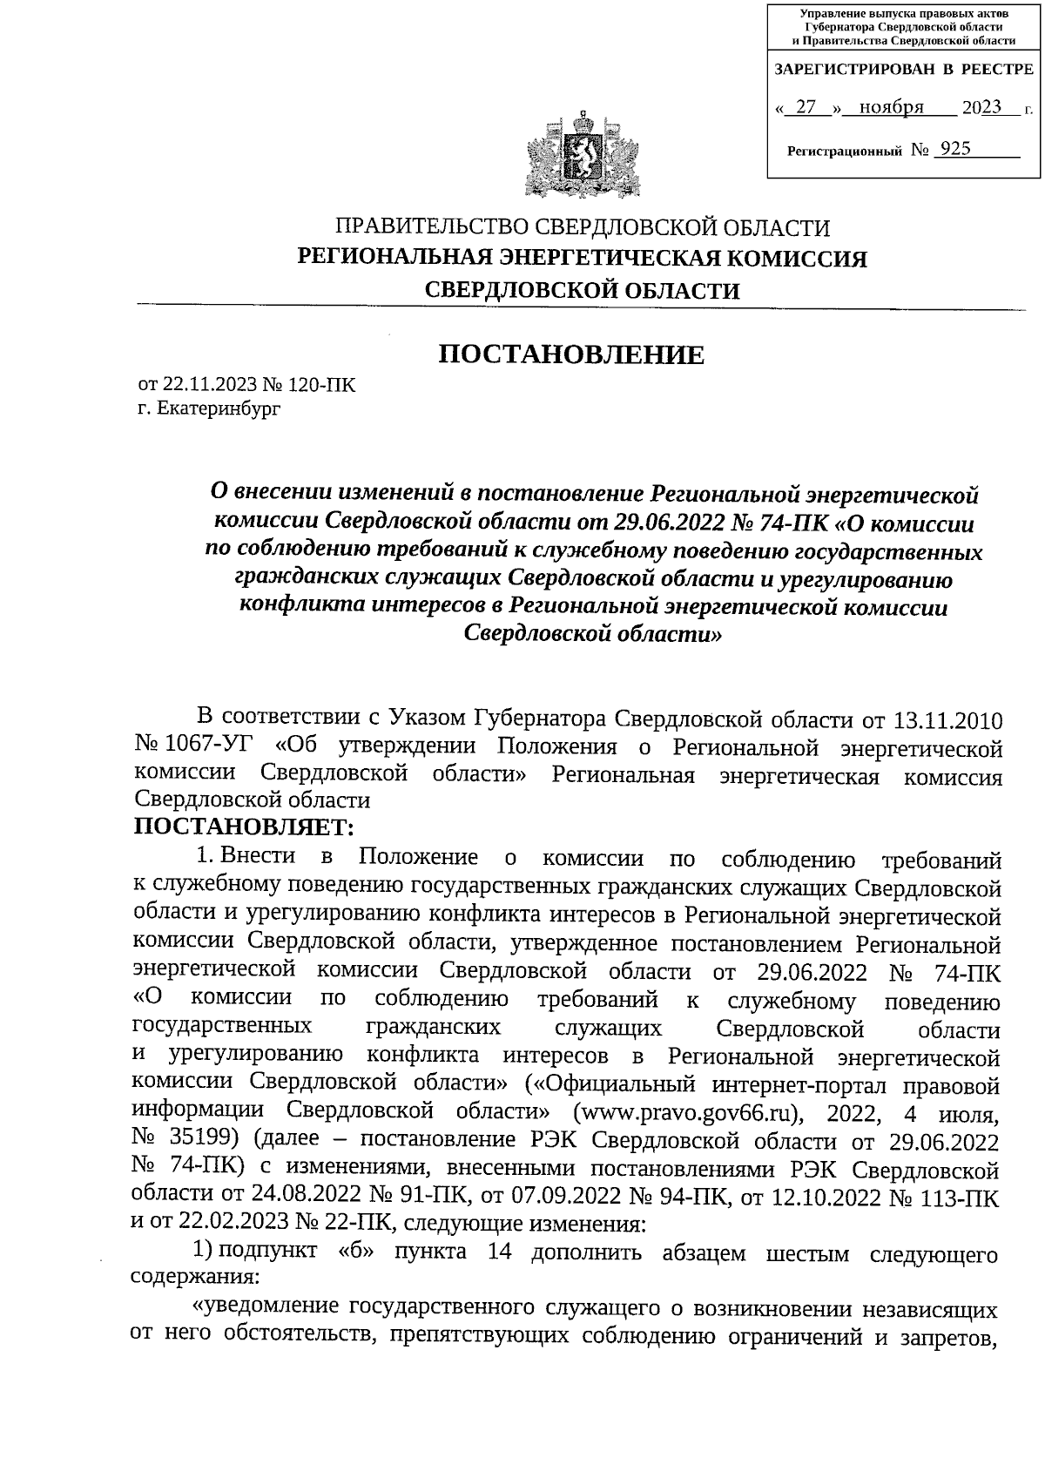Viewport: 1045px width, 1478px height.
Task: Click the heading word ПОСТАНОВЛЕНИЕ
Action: pyautogui.click(x=570, y=355)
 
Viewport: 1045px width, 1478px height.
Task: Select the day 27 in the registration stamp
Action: pyautogui.click(x=806, y=108)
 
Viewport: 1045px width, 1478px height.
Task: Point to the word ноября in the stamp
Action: pyautogui.click(x=890, y=108)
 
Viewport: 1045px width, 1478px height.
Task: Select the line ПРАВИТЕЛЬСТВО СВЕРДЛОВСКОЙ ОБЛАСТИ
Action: pyautogui.click(x=583, y=228)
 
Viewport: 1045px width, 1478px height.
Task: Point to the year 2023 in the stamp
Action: pyautogui.click(x=982, y=108)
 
